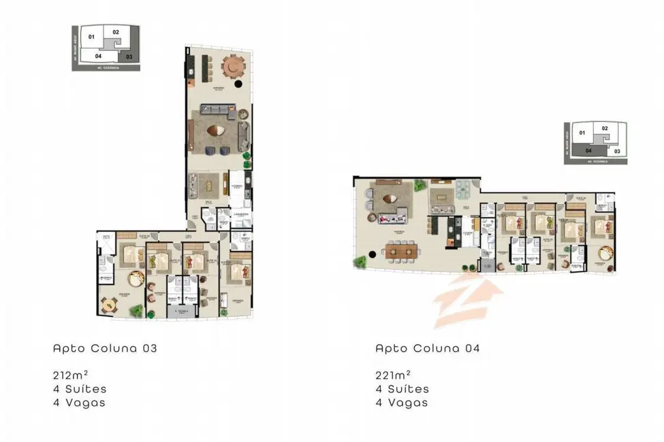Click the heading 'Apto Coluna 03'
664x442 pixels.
tap(105, 348)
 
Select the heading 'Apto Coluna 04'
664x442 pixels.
tap(428, 348)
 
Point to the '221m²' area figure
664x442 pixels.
tap(393, 375)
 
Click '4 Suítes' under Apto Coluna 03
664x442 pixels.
tap(80, 389)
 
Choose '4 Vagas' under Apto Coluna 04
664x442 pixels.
tap(402, 403)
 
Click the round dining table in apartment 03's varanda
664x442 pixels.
tap(234, 66)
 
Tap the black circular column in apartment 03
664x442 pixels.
tap(238, 85)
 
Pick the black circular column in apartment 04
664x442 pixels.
tap(372, 256)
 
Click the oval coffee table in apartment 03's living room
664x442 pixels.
tap(217, 131)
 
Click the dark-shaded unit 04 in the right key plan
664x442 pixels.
tap(588, 151)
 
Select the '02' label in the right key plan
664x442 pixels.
tap(604, 128)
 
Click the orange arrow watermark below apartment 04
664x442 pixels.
tap(468, 297)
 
